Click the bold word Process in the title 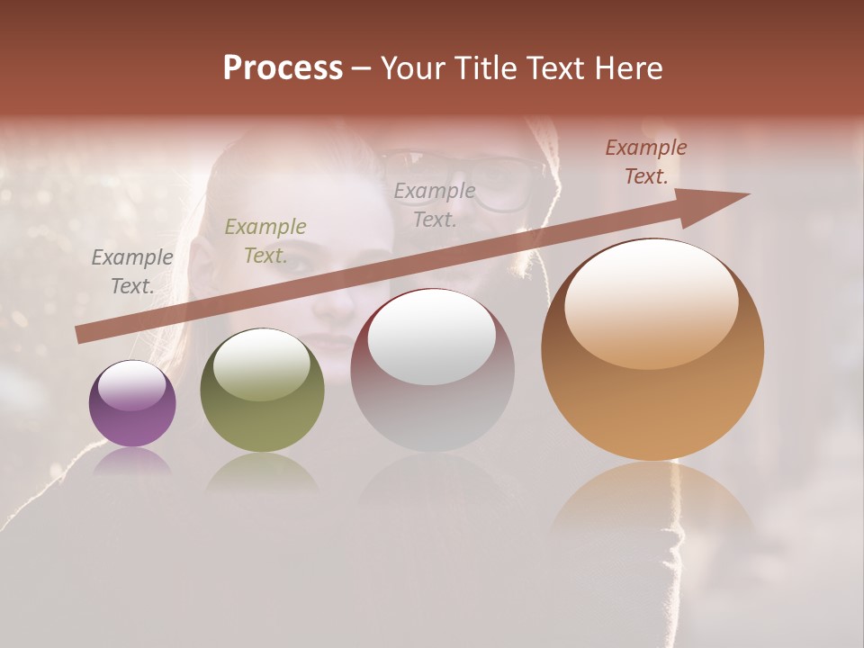pyautogui.click(x=283, y=68)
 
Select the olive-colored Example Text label pyautogui.click(x=265, y=241)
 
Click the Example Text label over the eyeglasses pyautogui.click(x=435, y=205)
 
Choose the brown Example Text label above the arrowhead pyautogui.click(x=646, y=162)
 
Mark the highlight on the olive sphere pyautogui.click(x=261, y=364)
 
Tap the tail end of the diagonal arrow pyautogui.click(x=81, y=335)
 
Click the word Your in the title pyautogui.click(x=413, y=68)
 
